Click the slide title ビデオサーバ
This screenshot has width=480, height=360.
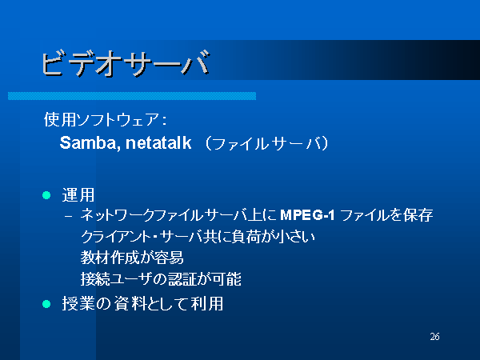(x=126, y=63)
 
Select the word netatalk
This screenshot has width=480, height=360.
(x=158, y=142)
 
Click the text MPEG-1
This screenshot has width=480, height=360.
(x=307, y=215)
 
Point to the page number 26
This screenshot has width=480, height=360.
(x=434, y=337)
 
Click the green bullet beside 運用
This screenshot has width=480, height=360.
(x=46, y=195)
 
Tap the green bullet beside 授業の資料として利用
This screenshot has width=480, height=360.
(x=46, y=304)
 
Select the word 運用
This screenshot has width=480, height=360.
(x=78, y=195)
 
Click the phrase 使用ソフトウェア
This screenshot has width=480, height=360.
(x=102, y=119)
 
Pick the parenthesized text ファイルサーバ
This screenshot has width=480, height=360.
(x=267, y=143)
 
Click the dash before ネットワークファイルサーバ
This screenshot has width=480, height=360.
(x=69, y=216)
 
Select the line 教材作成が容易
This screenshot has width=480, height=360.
(x=132, y=258)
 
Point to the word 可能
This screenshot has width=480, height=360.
(x=226, y=279)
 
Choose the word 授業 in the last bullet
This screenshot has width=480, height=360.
(x=78, y=304)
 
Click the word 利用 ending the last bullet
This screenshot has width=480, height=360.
(x=207, y=304)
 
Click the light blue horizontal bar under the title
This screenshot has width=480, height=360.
(x=132, y=96)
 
